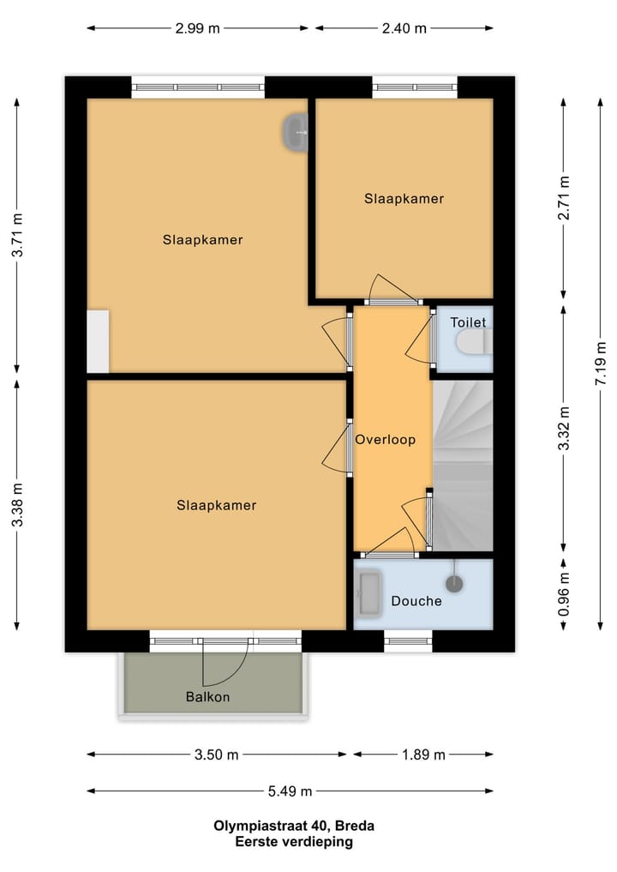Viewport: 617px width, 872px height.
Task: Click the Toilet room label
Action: [x=468, y=322]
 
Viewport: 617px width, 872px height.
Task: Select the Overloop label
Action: [x=386, y=439]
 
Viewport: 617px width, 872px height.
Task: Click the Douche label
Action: [x=416, y=600]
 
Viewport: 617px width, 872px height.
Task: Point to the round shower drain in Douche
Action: [x=454, y=583]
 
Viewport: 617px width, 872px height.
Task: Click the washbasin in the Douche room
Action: [x=369, y=593]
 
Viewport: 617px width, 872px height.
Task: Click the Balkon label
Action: [x=207, y=697]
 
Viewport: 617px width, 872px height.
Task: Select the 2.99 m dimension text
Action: [x=197, y=28]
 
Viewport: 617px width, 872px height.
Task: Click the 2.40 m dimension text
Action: [x=404, y=28]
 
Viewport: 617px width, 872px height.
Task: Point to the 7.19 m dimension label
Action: [x=601, y=364]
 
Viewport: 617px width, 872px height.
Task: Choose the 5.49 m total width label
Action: [x=290, y=791]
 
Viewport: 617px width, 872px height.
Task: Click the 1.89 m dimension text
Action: [x=423, y=755]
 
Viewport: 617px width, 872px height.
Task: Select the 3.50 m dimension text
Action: [x=216, y=755]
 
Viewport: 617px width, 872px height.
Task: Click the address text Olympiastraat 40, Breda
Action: [x=294, y=826]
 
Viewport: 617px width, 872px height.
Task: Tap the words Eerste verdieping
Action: [x=294, y=841]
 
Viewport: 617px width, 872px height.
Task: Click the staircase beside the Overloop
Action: [x=463, y=466]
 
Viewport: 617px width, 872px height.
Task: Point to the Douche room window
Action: [x=408, y=641]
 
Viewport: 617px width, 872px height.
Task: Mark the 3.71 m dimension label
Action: [x=17, y=235]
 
